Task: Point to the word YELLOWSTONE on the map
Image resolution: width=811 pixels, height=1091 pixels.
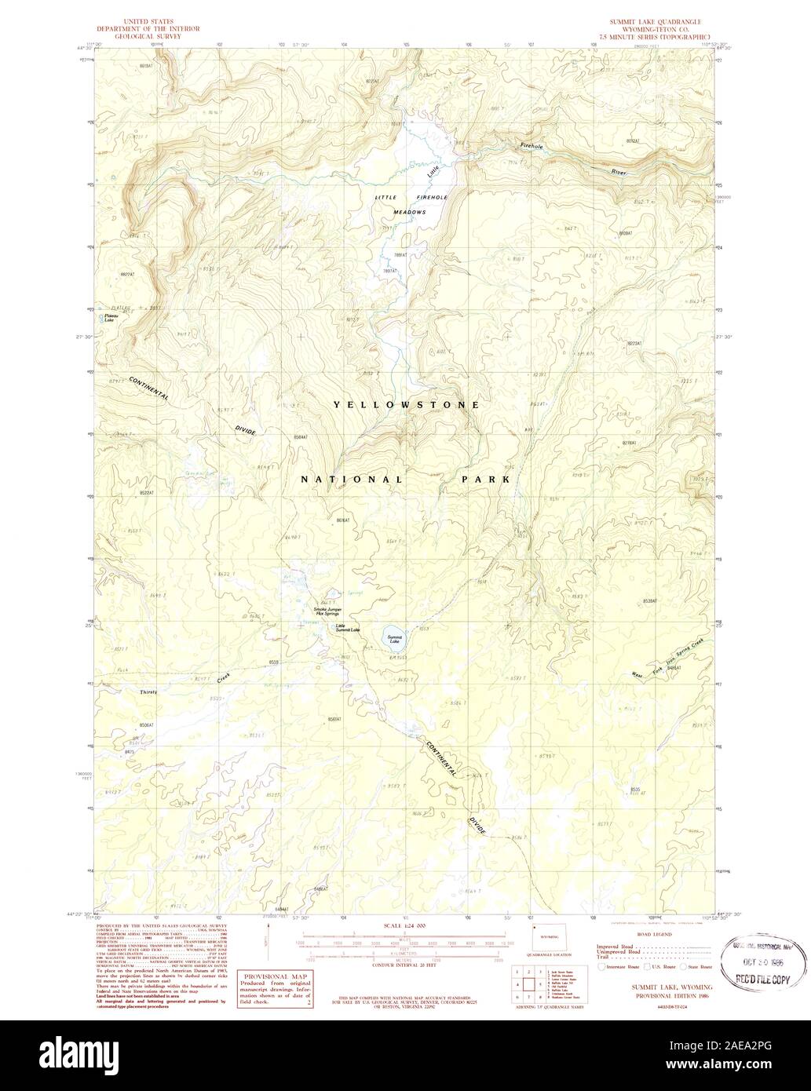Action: pyautogui.click(x=405, y=405)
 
